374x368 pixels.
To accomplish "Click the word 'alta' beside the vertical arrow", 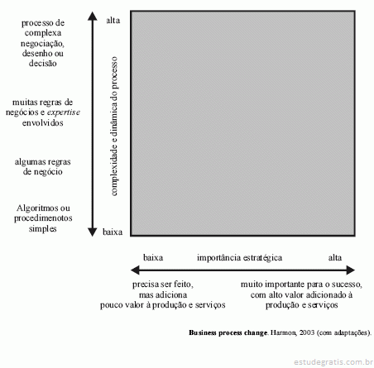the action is point(113,21).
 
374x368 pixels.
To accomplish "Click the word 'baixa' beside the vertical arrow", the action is point(113,232).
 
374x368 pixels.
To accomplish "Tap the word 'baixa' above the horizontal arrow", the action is point(153,258).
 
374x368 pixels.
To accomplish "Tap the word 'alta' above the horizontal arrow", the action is point(335,258).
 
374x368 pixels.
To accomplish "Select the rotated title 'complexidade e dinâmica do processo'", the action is point(114,127).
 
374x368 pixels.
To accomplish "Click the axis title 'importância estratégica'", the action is point(239,258).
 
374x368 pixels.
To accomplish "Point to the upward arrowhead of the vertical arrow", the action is point(93,16).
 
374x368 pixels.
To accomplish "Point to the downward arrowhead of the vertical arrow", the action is point(93,232).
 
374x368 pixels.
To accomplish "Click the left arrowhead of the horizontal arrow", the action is point(135,270).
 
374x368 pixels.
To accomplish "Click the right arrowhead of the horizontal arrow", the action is point(350,270).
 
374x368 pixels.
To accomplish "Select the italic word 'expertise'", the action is point(64,112).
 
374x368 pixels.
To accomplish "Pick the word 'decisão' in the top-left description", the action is point(43,64).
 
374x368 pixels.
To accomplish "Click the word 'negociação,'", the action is point(42,44).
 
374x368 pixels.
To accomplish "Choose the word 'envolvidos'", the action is point(43,122).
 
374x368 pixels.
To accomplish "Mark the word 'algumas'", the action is point(28,162).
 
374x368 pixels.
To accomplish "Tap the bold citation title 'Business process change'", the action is point(228,332).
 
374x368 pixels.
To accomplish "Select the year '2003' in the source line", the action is point(307,332).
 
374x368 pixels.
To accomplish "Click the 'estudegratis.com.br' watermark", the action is point(333,361).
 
